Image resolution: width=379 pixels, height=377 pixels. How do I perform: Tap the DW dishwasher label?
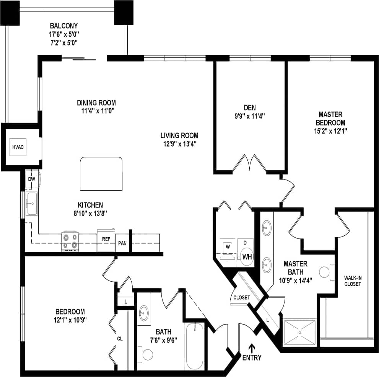pos(31,179)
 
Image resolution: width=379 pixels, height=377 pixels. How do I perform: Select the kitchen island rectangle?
pos(101,173)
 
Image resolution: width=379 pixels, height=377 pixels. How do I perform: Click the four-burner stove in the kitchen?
pos(70,242)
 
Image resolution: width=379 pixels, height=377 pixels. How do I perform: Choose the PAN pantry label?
pos(122,243)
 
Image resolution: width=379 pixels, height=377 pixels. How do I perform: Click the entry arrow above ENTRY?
pos(252,348)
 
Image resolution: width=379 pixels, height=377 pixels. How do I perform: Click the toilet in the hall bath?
pos(145,354)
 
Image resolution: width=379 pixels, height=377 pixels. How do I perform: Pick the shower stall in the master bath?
pos(300,332)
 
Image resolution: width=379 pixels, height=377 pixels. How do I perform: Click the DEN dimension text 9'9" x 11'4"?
pos(249,116)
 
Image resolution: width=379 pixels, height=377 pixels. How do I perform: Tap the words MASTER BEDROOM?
pos(330,119)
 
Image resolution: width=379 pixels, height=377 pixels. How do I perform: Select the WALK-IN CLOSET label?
pos(352,281)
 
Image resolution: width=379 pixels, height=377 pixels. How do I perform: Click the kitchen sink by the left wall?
pos(32,203)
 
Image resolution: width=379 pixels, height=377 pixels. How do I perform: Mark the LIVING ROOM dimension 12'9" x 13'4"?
pos(179,144)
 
